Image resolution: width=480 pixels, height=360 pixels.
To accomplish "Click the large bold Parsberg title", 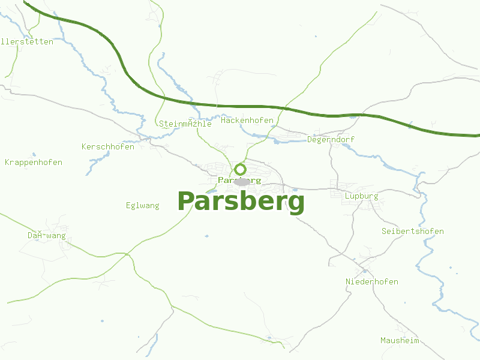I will [x=241, y=202].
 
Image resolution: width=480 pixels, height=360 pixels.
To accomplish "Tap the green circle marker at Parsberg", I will [x=240, y=169].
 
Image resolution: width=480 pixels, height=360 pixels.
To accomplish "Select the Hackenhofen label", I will [x=247, y=121].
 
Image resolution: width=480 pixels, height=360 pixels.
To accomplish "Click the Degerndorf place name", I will [x=331, y=140].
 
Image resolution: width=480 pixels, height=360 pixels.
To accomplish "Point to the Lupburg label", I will [x=361, y=196].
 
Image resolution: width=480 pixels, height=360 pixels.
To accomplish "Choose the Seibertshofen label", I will [x=412, y=232].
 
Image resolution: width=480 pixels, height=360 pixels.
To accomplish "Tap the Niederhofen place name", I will [x=371, y=282].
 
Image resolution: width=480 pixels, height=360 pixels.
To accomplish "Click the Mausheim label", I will [x=400, y=341].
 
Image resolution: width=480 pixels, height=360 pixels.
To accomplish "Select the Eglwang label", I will [x=143, y=206].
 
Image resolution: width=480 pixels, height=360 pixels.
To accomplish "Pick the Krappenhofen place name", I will [x=34, y=163].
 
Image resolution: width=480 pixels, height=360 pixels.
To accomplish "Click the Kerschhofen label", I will [x=108, y=147].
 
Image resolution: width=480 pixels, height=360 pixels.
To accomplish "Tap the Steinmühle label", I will [x=185, y=124].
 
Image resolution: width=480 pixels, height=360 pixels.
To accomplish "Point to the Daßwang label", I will [x=47, y=236].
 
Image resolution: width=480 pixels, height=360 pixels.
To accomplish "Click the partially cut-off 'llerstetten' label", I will [x=27, y=42].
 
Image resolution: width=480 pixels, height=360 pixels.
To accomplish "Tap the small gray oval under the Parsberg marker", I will [x=241, y=182].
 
